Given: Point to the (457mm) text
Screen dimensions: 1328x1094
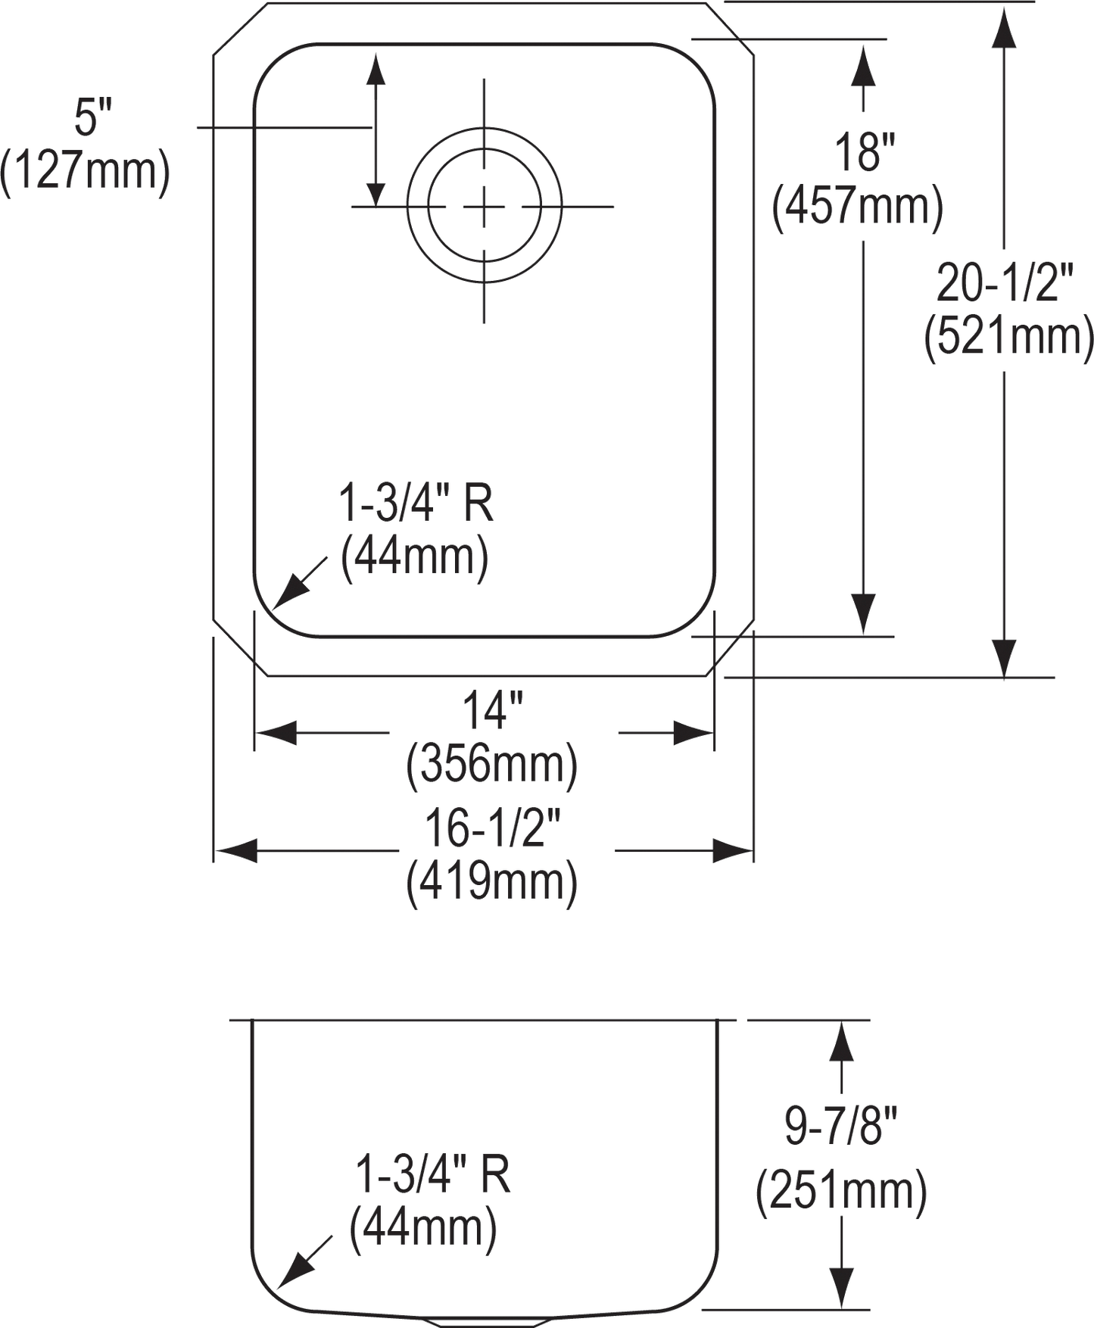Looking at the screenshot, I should (857, 207).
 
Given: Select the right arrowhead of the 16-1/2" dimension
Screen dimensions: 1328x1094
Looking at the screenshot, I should (731, 851).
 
